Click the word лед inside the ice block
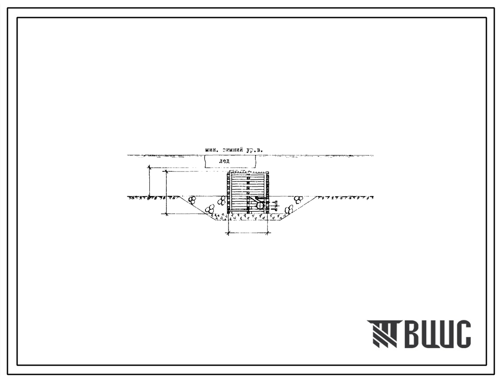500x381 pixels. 224,161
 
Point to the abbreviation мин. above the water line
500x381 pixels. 212,149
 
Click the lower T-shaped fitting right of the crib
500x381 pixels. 274,209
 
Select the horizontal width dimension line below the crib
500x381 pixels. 248,234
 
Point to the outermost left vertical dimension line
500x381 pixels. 149,182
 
